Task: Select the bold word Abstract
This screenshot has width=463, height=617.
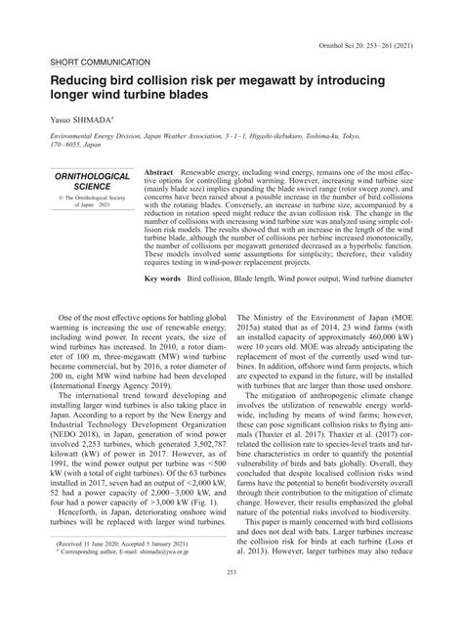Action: pyautogui.click(x=159, y=170)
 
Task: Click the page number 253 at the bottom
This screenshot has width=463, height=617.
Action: pyautogui.click(x=231, y=598)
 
